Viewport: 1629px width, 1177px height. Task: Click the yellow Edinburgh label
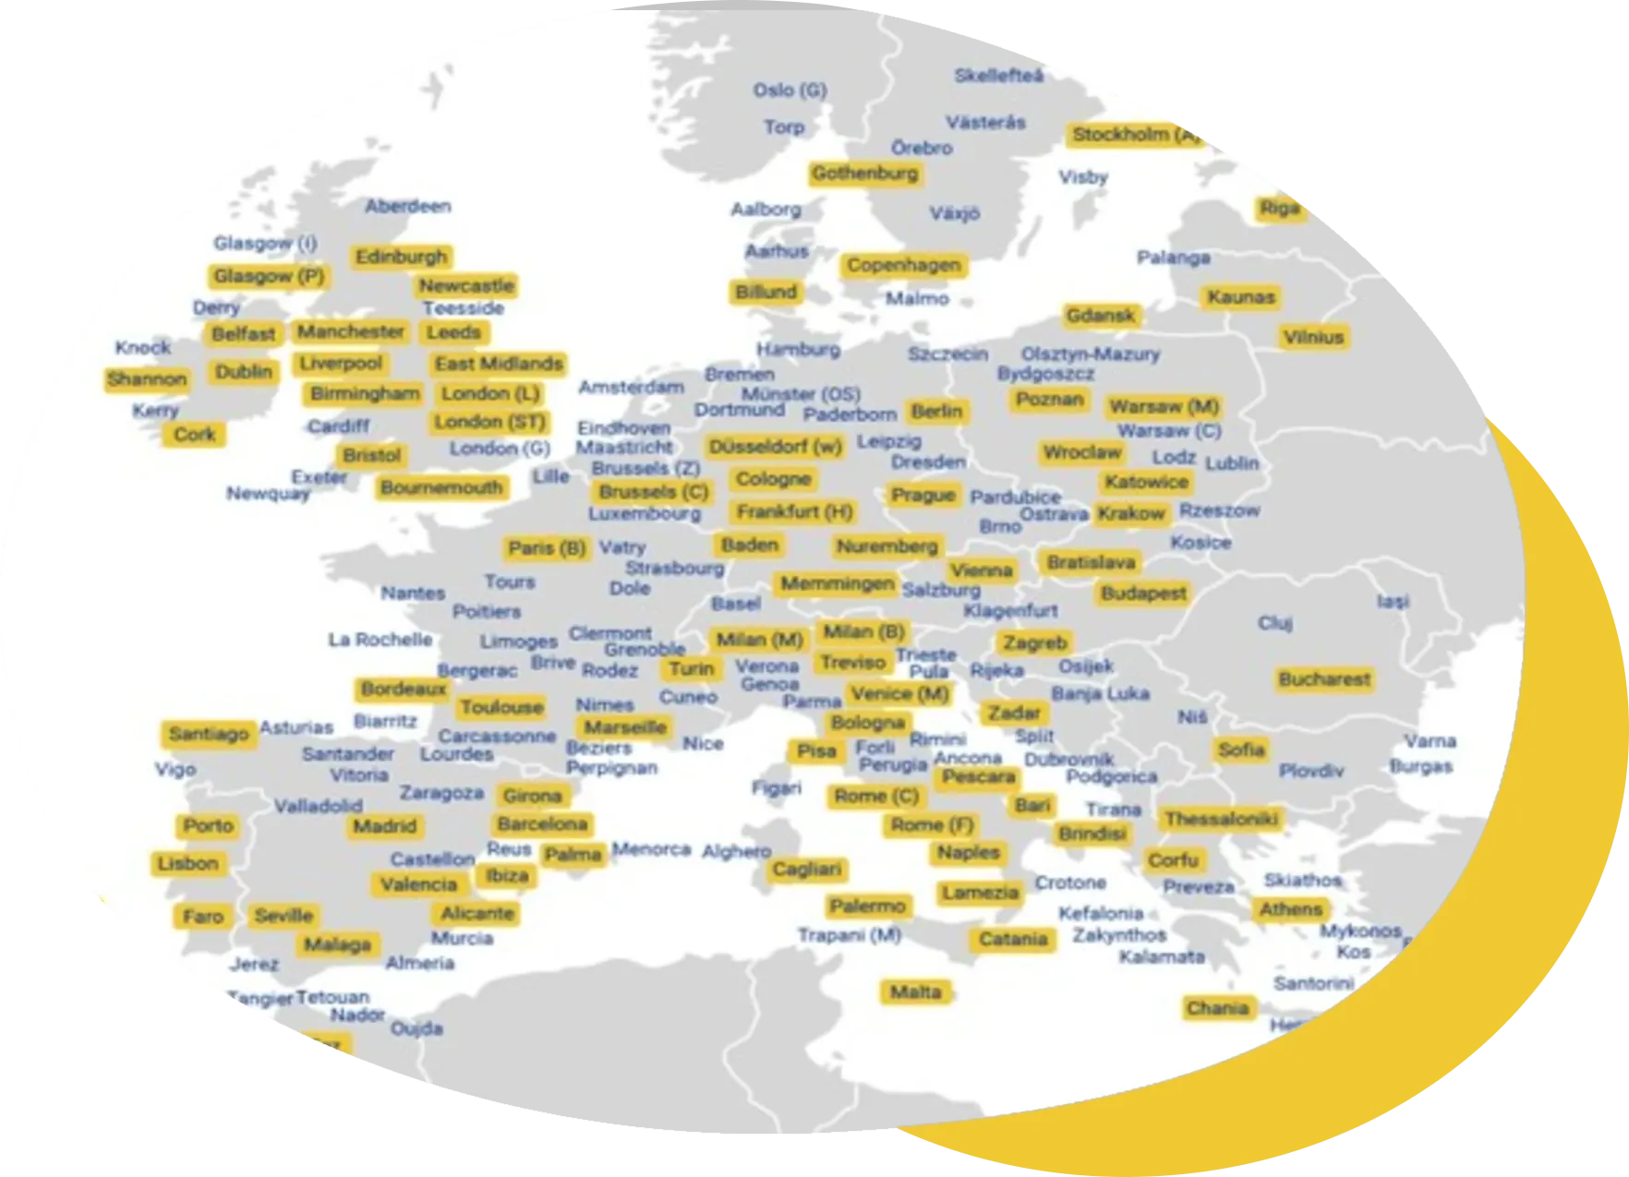401,257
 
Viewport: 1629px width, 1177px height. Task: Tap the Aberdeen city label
408,206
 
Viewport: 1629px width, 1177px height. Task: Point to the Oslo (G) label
790,90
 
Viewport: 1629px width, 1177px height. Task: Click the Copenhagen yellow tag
904,266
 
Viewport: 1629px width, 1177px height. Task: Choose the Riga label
1280,209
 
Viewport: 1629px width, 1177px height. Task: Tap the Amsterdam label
632,388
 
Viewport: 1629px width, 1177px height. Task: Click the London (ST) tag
489,423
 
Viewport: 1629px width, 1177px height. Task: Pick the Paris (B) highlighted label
547,548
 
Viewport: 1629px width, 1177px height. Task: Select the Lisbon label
188,864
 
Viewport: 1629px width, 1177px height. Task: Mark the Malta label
915,992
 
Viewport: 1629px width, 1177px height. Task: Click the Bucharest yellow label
1324,679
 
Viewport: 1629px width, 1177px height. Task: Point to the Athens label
1291,909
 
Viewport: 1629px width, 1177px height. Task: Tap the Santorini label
1313,983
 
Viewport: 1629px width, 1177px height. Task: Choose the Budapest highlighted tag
1143,594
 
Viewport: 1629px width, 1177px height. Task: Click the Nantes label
413,593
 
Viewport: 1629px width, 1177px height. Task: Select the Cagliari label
807,870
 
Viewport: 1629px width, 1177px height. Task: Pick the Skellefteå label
999,76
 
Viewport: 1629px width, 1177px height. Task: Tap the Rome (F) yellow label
932,825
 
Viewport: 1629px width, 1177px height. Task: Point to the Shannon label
147,379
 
